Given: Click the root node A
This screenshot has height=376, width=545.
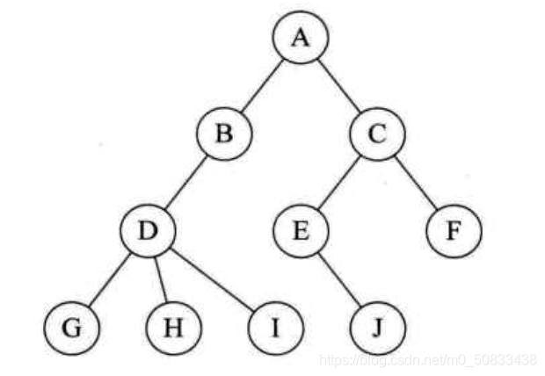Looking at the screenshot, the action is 300,40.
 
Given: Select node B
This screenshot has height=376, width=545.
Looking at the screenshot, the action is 224,136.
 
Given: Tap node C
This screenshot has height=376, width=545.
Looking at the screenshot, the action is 376,136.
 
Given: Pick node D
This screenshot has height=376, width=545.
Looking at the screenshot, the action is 148,232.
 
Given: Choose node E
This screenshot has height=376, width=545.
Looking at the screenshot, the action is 300,232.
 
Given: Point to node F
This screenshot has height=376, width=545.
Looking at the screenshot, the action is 454,232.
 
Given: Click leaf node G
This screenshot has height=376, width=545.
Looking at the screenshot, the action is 71,328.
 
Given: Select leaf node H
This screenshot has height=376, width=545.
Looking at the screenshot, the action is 173,328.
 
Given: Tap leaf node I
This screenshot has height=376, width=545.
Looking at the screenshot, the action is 274,328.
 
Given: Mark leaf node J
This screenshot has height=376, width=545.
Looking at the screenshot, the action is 376,328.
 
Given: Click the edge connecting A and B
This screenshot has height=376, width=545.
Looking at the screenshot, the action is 262,88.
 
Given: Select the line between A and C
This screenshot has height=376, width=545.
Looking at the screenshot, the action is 338,88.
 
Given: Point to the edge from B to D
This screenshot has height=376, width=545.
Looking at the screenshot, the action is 186,184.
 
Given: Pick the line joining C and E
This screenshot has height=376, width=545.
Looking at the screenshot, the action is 338,184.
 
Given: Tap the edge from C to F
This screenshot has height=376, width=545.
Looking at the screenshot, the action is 415,184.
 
